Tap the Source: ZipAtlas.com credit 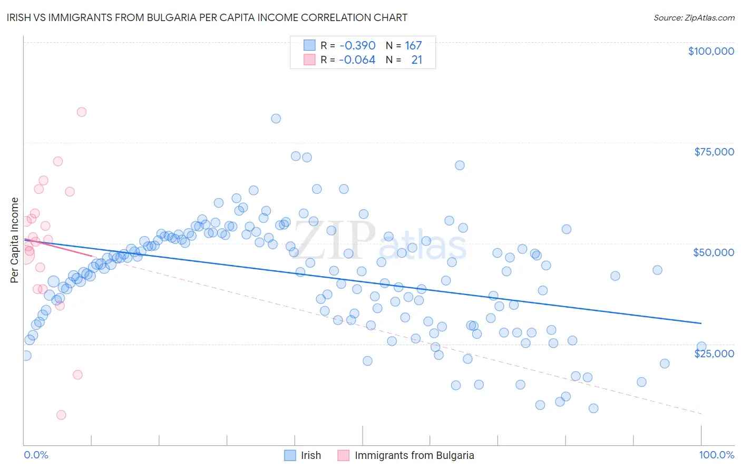tap(694, 17)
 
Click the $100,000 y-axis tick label tap(711, 51)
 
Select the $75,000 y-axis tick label tap(714, 152)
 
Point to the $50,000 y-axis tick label tap(714, 252)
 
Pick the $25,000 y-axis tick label tap(714, 354)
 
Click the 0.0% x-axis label tap(36, 455)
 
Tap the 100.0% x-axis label tap(716, 455)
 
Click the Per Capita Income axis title tap(15, 240)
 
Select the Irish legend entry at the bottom tap(303, 455)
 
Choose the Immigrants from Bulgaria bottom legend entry tap(406, 455)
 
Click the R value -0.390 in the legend tap(357, 45)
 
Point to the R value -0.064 tap(357, 60)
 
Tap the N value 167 tap(413, 45)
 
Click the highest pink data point tap(81, 112)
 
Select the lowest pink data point tap(61, 415)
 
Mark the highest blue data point tap(276, 119)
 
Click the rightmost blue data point tap(701, 347)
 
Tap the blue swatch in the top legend tap(309, 45)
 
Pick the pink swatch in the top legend tap(309, 60)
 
